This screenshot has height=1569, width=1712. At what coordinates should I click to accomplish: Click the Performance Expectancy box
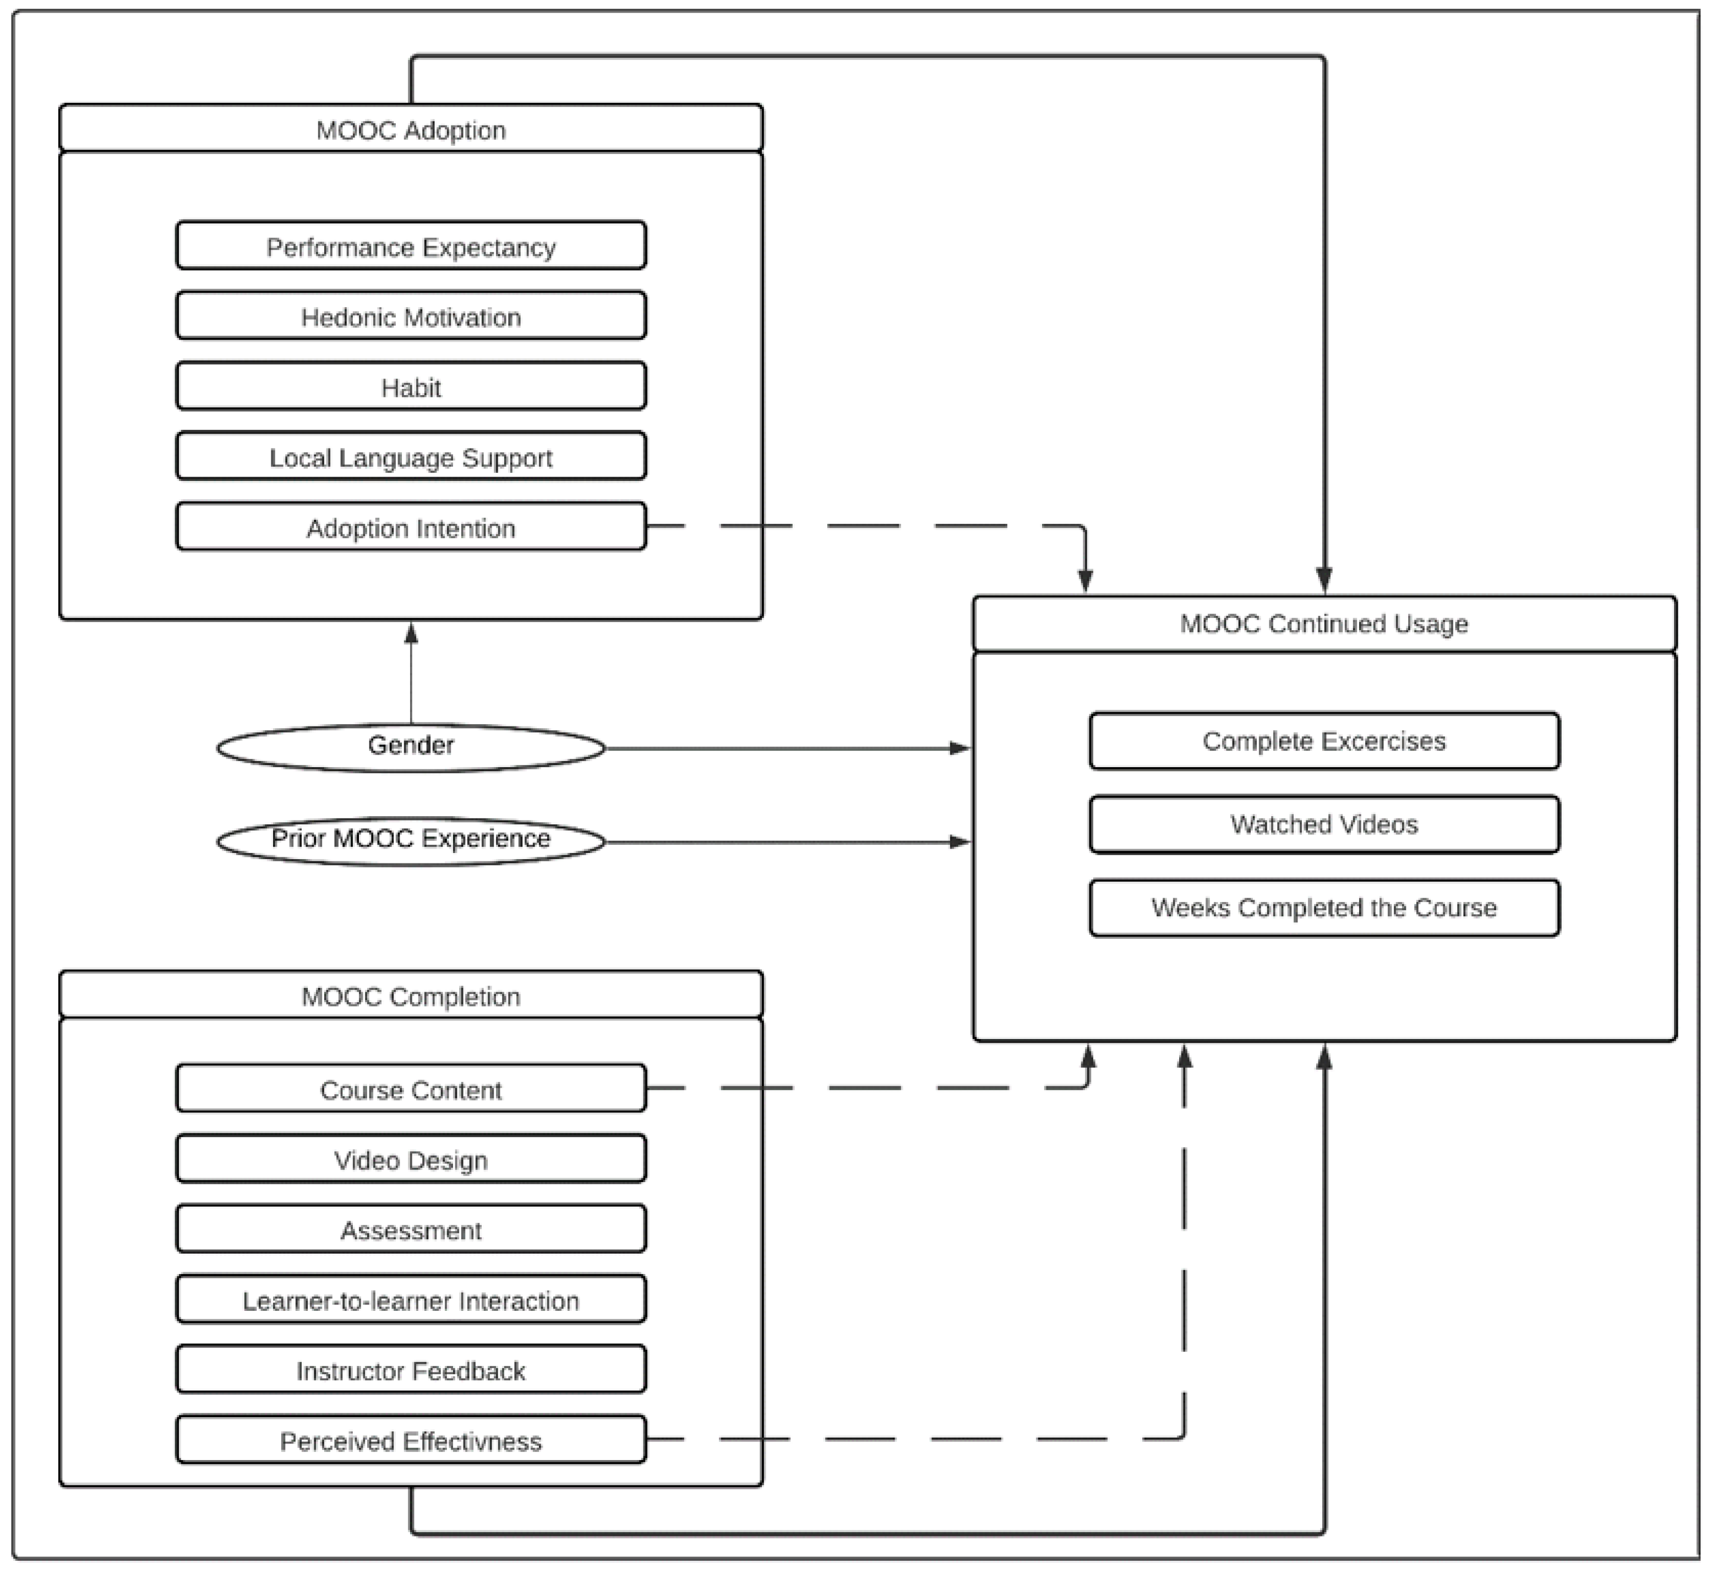[x=411, y=246]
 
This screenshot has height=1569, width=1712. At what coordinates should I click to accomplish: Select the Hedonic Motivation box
[x=411, y=316]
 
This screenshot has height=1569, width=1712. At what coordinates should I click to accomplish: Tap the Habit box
[x=411, y=387]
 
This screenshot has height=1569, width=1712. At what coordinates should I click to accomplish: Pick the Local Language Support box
[x=411, y=457]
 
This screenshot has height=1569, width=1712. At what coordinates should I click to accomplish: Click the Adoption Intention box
[x=411, y=527]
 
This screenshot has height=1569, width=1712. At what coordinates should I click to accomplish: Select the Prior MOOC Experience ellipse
[x=411, y=840]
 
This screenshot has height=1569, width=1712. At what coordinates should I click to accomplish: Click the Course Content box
[x=411, y=1089]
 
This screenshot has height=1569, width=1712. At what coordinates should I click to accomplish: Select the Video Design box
[x=411, y=1159]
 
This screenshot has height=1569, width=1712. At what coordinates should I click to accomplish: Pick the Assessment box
[x=411, y=1229]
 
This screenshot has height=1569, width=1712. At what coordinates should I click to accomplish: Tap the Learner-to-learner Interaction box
[x=411, y=1300]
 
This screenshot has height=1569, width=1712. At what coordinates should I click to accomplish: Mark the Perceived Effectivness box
[x=411, y=1440]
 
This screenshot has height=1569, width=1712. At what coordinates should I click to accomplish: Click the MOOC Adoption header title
[x=411, y=130]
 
